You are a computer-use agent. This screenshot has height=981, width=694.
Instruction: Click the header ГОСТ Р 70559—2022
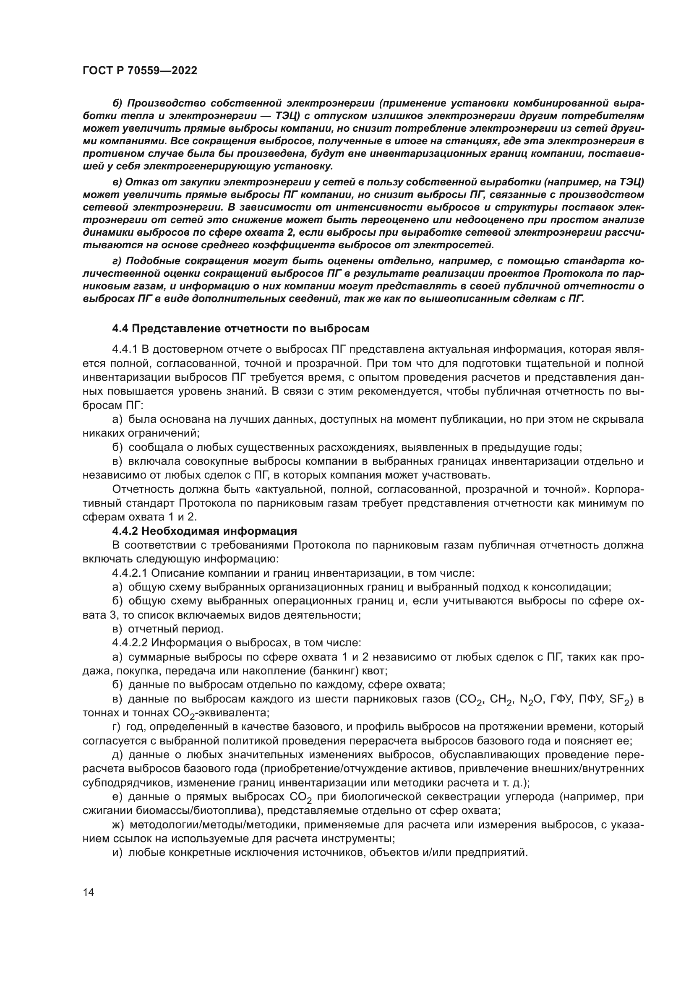(140, 71)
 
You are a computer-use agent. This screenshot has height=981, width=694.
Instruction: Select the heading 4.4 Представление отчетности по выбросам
(240, 328)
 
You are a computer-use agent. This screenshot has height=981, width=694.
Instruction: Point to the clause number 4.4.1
(124, 349)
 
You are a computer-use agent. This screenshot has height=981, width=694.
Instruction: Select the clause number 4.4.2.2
(130, 643)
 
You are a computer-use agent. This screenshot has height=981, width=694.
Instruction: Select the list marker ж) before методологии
(117, 825)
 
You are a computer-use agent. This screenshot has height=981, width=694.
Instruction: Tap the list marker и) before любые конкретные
(117, 853)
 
